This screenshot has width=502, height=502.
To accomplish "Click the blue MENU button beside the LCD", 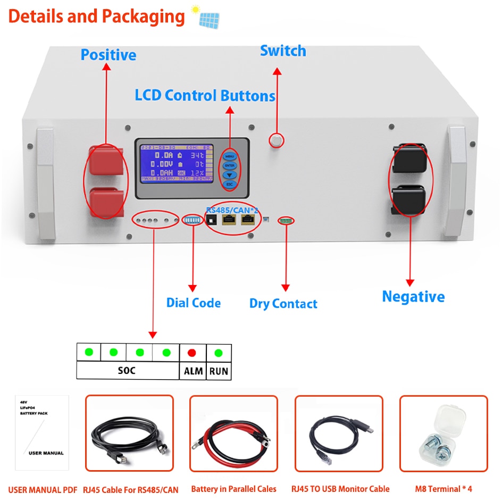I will click(230, 156).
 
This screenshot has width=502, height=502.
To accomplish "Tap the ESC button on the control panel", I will click(230, 184).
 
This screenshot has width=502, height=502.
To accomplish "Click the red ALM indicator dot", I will click(192, 353).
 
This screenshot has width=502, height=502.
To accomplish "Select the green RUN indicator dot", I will click(218, 353).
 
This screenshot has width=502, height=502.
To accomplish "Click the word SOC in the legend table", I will click(127, 370).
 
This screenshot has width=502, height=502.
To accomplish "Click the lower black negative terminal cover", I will click(408, 199).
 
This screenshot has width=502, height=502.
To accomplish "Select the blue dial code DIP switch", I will click(193, 220).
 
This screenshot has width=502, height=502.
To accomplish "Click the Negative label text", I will click(413, 297).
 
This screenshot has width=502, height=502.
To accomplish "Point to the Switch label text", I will click(283, 51).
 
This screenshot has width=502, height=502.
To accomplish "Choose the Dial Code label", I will click(193, 303).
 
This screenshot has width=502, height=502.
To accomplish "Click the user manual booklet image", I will click(42, 432).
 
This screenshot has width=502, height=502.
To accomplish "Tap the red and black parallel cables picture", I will click(233, 433).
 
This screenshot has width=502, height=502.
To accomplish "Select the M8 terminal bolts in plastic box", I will click(443, 433).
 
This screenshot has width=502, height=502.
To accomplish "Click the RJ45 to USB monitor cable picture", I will click(338, 433).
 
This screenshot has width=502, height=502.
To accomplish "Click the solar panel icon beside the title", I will click(208, 18).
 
